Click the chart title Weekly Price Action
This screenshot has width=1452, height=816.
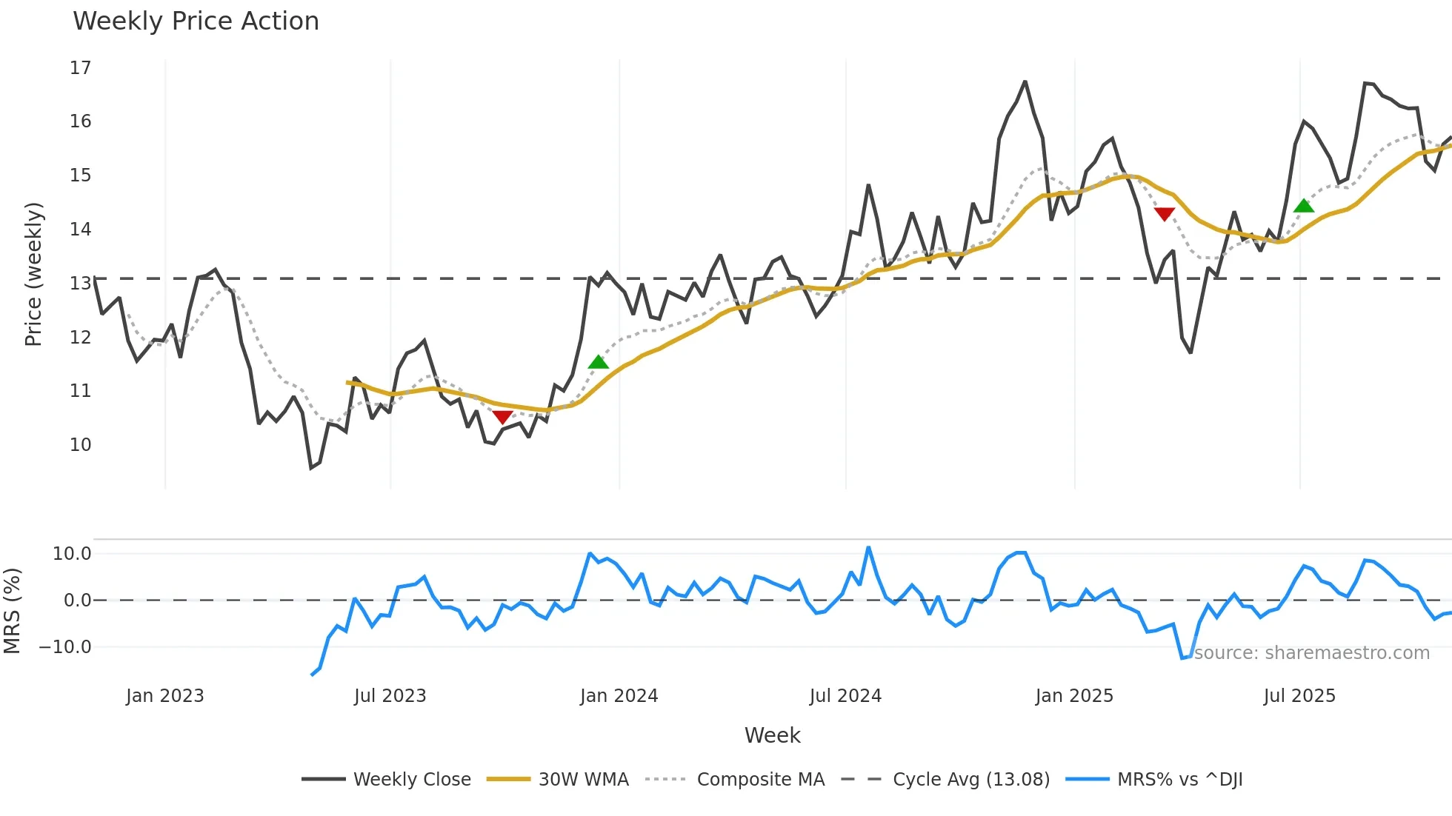pos(196,21)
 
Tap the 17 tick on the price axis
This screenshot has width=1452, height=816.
pos(80,68)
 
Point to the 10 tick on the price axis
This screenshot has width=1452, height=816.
pos(80,445)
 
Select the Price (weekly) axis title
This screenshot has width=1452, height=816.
pos(33,274)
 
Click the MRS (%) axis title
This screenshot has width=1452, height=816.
pos(13,611)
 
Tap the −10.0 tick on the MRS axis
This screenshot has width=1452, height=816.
pos(65,647)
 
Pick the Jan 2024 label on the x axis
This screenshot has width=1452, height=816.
pos(619,696)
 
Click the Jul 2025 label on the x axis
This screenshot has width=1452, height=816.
pos(1299,696)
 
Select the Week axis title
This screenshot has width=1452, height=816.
pos(772,735)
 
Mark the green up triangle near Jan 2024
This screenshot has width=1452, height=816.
pos(598,363)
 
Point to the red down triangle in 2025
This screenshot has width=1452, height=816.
pos(1165,214)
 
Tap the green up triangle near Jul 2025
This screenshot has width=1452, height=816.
pos(1304,206)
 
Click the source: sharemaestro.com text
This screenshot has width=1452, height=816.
pos(1311,653)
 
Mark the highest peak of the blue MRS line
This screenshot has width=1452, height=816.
pos(868,548)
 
